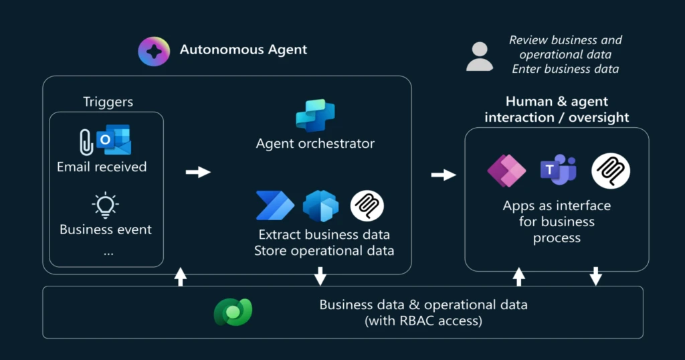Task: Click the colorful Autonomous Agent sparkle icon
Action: tap(153, 52)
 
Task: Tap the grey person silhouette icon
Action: tap(479, 56)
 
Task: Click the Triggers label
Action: tap(108, 102)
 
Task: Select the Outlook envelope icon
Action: tap(113, 141)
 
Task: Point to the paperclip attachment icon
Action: tap(86, 142)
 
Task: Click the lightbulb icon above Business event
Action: tap(106, 205)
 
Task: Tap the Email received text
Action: tap(102, 167)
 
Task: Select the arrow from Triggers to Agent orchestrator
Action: tap(198, 173)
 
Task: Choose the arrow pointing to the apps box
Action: tap(444, 175)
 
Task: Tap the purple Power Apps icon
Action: tap(506, 171)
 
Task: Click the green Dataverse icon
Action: tap(232, 312)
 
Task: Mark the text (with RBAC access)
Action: tap(423, 321)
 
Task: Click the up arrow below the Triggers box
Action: tap(180, 276)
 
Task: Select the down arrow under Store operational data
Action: tap(320, 276)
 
